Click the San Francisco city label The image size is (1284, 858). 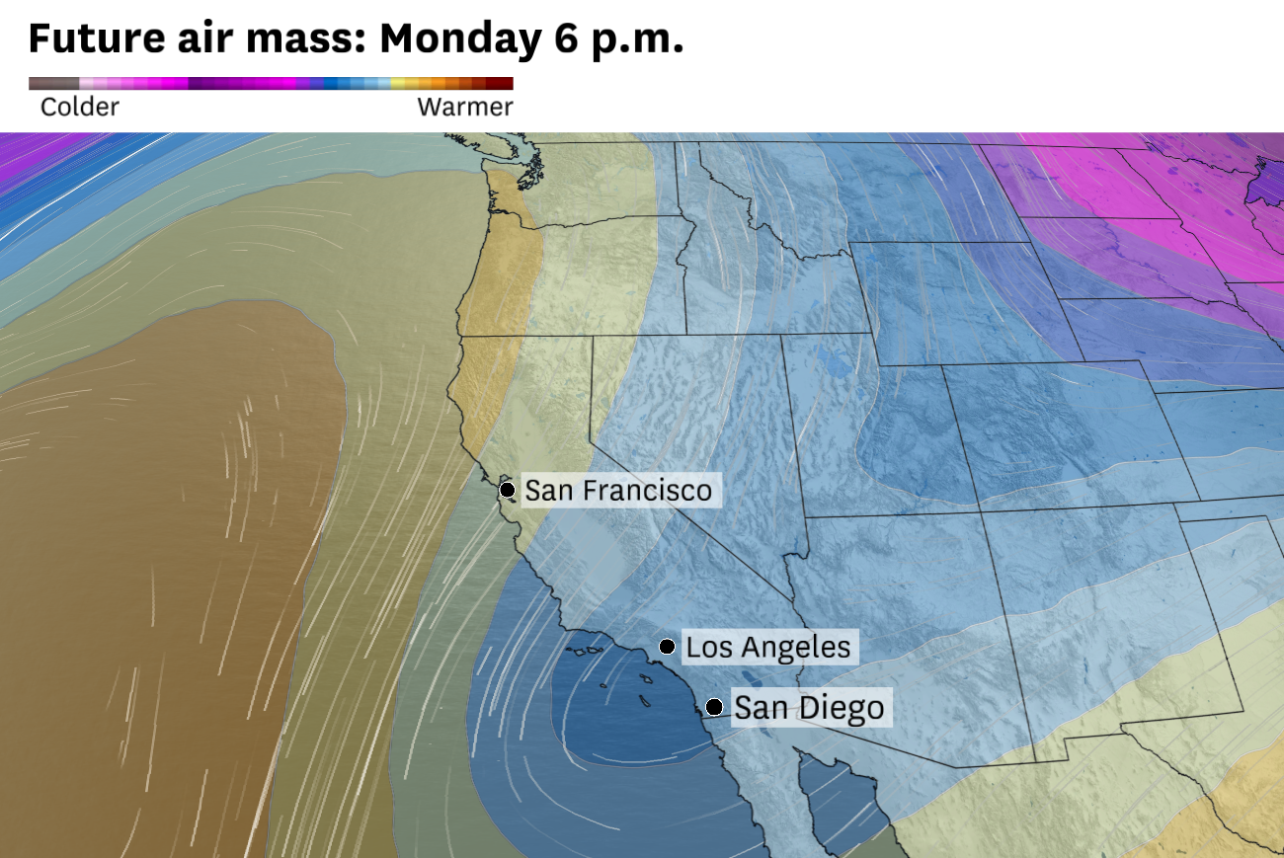[617, 490]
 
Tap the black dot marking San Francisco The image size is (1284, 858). [507, 489]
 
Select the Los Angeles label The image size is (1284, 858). [767, 648]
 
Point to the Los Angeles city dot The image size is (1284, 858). [668, 647]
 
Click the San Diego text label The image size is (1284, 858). [809, 708]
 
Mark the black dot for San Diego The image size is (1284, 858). [714, 707]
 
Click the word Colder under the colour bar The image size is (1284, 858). [79, 107]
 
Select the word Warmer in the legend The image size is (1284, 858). [465, 107]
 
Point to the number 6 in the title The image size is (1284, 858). [556, 39]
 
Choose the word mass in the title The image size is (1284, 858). [307, 39]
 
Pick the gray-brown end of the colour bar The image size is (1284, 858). [44, 84]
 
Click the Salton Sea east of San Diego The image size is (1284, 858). [755, 677]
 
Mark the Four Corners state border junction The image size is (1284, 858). [982, 510]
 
